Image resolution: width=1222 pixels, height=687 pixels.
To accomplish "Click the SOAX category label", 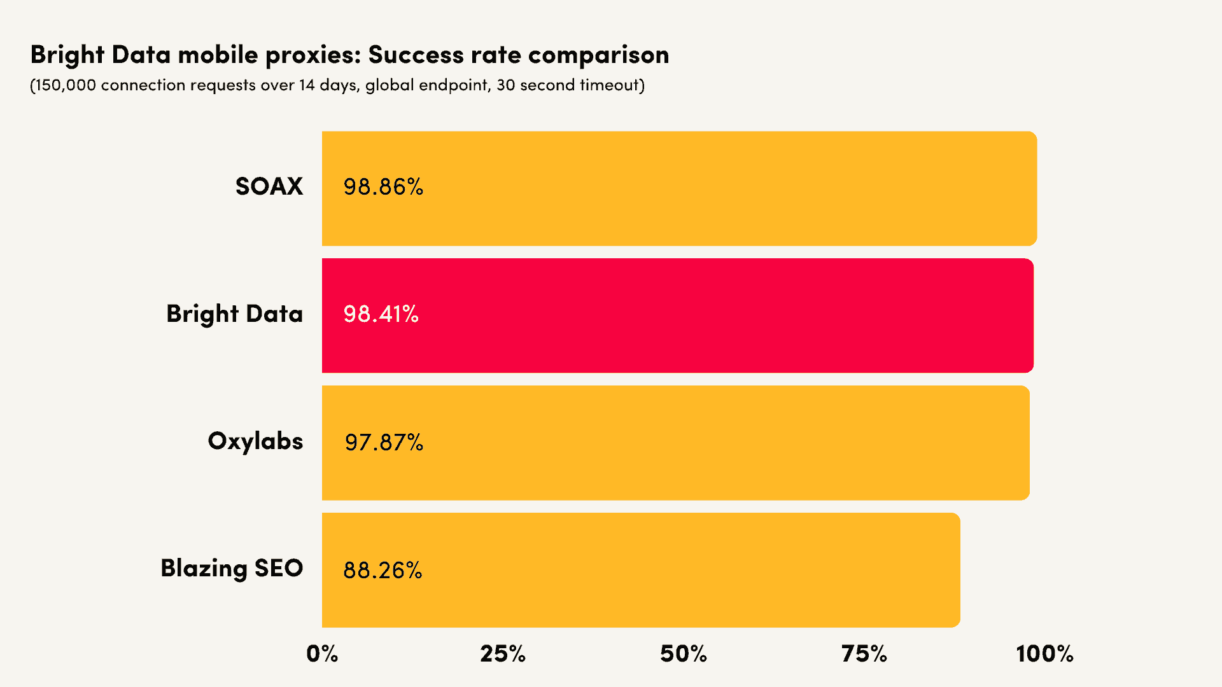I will pos(269,186).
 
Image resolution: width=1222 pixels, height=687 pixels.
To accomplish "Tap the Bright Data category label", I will pos(234,314).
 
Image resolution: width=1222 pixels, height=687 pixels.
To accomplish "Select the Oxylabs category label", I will pos(255,441).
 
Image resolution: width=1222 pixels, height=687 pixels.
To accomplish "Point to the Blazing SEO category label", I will pos(232,568).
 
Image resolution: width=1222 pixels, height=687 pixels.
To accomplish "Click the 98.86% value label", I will pos(383,187).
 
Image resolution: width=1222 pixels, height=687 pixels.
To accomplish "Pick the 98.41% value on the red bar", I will pos(381,314).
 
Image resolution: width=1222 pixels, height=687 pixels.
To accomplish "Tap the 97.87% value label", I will pos(384,443).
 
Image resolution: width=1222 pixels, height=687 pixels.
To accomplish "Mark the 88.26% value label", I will pos(383,571).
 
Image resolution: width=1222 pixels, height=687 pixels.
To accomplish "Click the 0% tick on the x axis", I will pos(322,654).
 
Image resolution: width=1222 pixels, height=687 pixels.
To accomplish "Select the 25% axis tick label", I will pos(503,654).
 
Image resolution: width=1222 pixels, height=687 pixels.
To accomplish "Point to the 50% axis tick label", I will pos(684,654).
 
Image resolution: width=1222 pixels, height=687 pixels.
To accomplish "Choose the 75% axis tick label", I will pos(864,654).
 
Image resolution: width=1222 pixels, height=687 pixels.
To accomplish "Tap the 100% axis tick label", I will pos(1044,654).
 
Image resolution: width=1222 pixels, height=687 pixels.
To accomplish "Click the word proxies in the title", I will pos(313,55).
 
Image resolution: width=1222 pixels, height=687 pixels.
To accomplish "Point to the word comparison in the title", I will pos(598,55).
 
